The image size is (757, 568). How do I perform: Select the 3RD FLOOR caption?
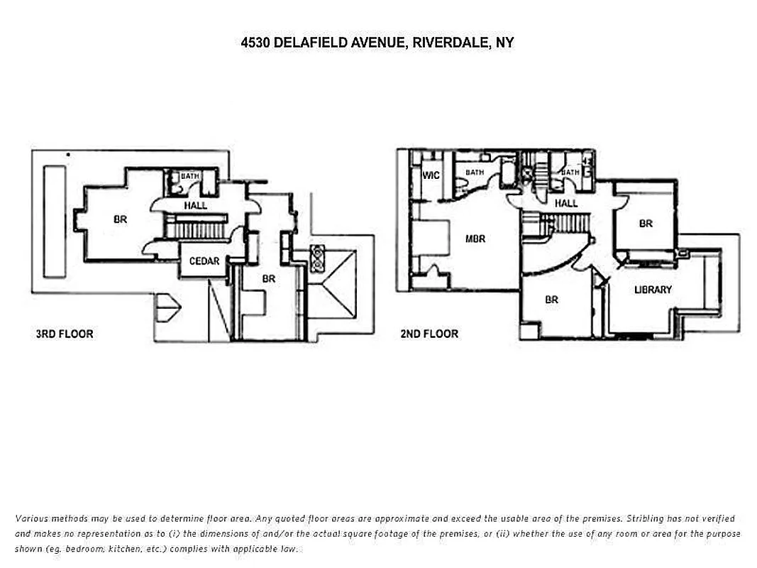[x=64, y=334]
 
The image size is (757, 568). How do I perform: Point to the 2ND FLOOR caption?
[x=429, y=334]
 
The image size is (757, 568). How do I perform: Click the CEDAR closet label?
[x=204, y=261]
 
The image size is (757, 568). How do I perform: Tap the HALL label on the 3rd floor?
[x=196, y=206]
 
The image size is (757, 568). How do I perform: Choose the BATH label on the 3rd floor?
[x=189, y=176]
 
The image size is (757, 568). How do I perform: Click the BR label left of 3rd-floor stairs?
[x=121, y=220]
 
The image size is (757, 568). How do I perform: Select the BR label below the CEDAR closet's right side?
[x=268, y=279]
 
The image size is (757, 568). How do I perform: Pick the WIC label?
[x=431, y=175]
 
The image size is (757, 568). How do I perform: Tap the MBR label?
[x=475, y=239]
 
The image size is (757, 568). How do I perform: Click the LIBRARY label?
[x=653, y=290]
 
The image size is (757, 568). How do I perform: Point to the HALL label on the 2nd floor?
[x=566, y=204]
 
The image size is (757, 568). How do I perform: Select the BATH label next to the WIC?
[x=475, y=173]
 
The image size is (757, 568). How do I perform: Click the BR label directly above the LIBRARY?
[x=646, y=224]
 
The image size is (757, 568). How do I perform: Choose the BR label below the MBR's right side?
[x=551, y=300]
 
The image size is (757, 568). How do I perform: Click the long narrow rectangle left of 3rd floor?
[x=53, y=221]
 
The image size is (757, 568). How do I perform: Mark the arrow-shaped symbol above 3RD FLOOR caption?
[x=168, y=307]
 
